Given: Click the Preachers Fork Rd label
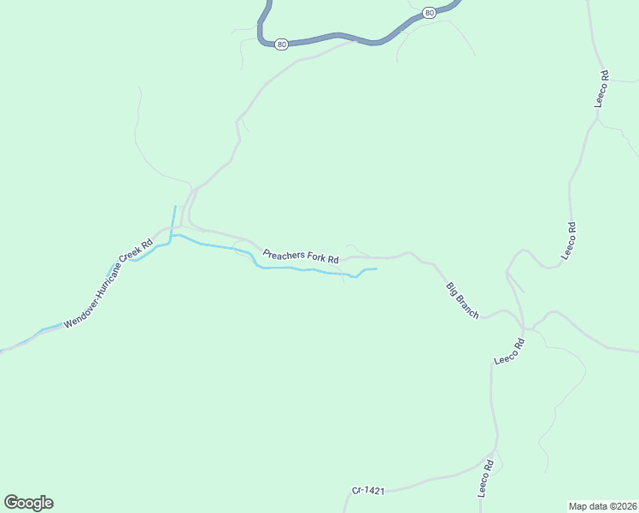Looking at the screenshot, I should [302, 256].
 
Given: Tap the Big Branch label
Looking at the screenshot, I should [462, 300].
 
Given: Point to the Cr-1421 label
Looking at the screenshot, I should [368, 491].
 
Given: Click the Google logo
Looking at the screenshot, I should [28, 503].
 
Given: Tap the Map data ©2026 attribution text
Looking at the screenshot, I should [603, 506].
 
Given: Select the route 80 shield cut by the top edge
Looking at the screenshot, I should [429, 12].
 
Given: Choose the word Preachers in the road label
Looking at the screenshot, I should [282, 253].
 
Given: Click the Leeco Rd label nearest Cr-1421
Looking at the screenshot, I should [486, 479].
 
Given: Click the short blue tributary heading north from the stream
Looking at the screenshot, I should [174, 218].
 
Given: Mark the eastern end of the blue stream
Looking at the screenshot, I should [376, 269].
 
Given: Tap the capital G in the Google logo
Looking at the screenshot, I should [11, 503].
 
